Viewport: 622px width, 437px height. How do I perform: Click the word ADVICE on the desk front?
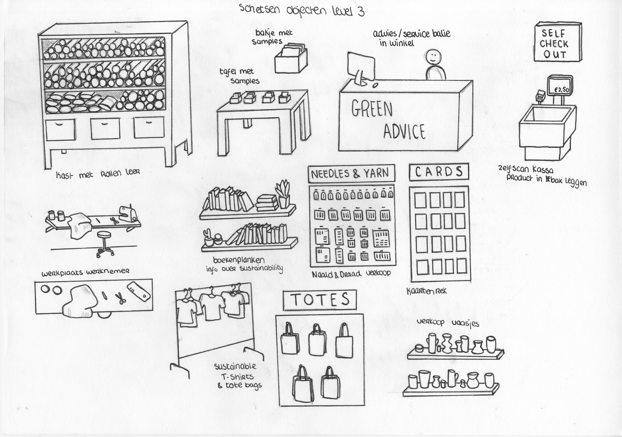coord(404,131)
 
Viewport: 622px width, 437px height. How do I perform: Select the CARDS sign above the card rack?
coord(439,172)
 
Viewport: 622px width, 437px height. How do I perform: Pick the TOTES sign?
coord(320,300)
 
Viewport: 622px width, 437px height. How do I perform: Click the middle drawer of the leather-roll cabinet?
coord(105,129)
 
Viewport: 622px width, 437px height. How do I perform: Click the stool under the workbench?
coord(105,244)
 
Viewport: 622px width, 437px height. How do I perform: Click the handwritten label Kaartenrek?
coord(426,291)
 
